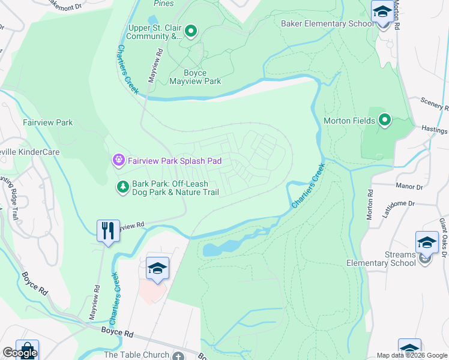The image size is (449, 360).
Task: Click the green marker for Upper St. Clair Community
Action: [191, 31]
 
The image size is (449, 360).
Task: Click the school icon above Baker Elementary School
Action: [382, 12]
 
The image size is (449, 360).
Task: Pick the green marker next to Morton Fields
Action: [384, 121]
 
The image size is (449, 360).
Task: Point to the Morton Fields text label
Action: [349, 121]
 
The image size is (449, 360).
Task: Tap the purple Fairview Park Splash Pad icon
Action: [118, 160]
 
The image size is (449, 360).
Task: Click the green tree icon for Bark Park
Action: [122, 187]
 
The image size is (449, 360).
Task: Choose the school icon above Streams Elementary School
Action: [427, 243]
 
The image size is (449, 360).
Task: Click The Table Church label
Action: [136, 355]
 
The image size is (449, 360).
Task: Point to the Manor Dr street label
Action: [409, 187]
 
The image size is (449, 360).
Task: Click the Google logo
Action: [20, 353]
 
